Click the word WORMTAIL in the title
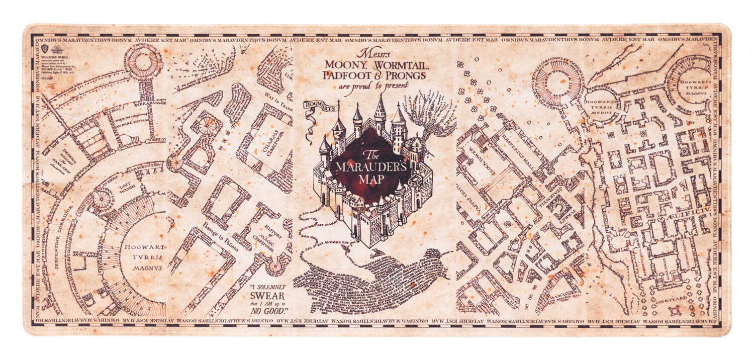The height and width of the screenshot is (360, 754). [x=395, y=65]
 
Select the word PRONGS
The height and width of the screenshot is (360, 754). [x=405, y=75]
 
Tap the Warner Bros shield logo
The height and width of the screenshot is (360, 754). [x=44, y=48]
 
